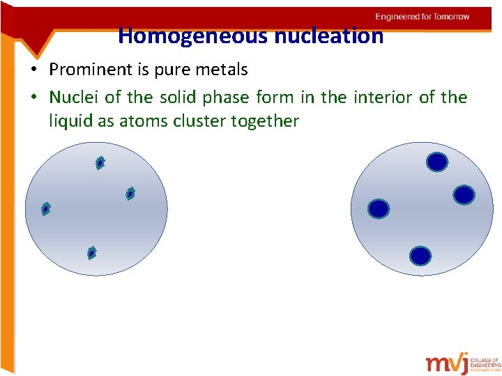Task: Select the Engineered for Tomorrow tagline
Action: coord(422,17)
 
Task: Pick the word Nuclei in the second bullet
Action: coord(71,97)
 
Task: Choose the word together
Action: coord(266,121)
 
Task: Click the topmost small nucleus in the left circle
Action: coord(100,163)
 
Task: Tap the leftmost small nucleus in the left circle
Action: coord(46,208)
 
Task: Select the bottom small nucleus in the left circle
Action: coord(91,253)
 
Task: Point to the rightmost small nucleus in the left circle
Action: coord(130,194)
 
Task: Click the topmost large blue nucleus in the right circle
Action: coord(437,162)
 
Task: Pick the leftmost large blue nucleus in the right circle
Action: coord(379,208)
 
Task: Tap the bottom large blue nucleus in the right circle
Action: coord(420,256)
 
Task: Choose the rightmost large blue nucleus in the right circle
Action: coord(464,195)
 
